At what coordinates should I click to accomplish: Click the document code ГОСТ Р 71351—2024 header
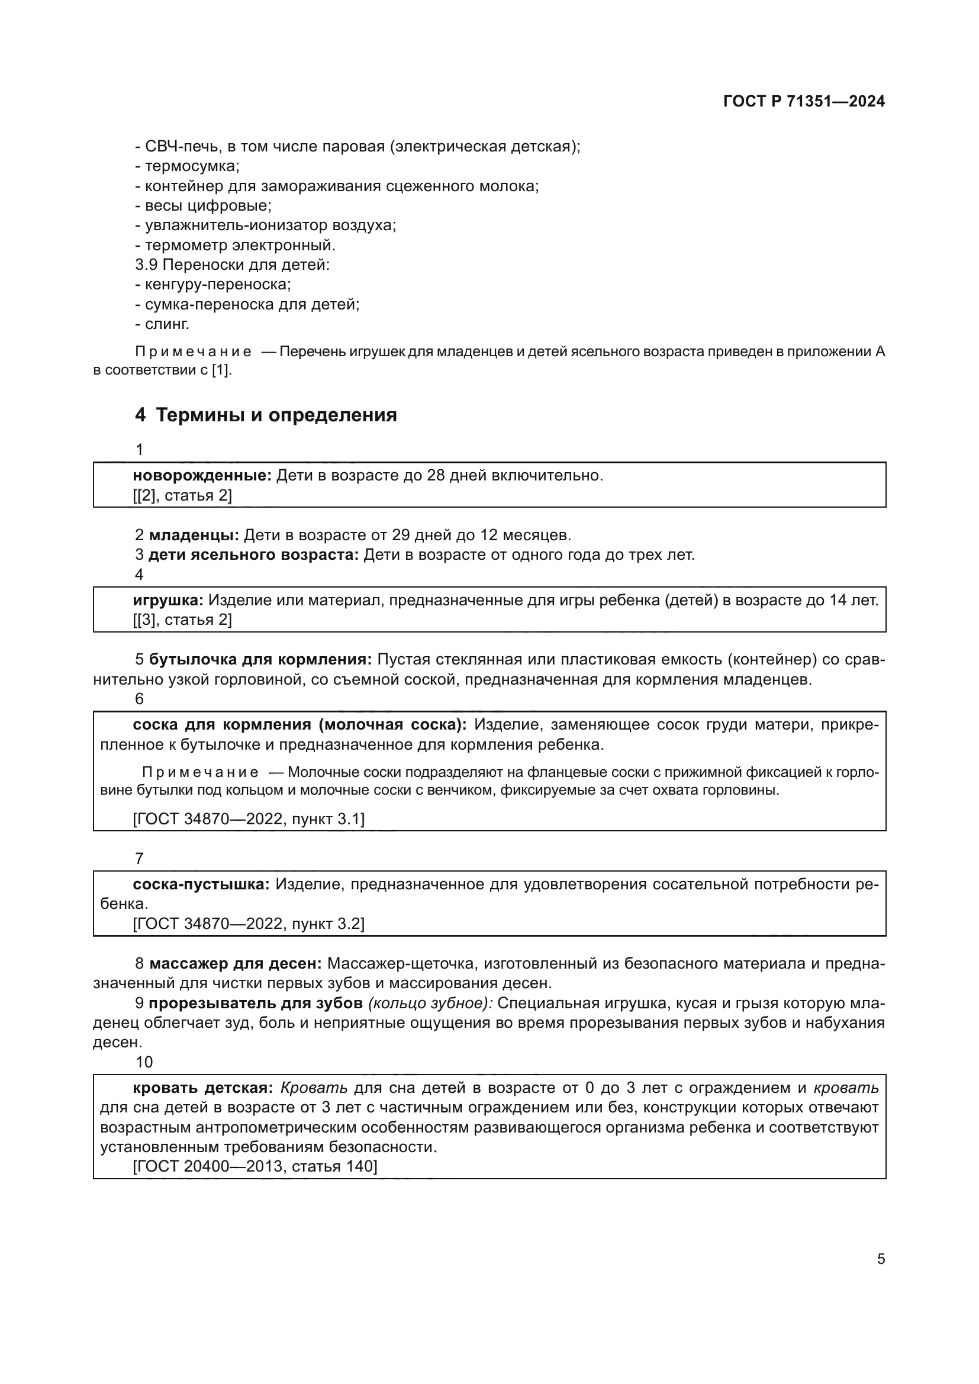point(804,101)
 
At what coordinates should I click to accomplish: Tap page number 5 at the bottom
point(881,1259)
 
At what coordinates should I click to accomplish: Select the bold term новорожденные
point(202,476)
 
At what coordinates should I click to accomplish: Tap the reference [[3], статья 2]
point(182,620)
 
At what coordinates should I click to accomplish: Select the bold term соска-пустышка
point(201,884)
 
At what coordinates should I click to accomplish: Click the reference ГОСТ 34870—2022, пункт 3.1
point(249,818)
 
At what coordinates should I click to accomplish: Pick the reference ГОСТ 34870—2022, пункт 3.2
point(249,924)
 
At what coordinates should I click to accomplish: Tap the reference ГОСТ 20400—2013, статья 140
point(255,1166)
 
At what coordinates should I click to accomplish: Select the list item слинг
point(167,324)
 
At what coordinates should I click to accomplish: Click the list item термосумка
point(192,166)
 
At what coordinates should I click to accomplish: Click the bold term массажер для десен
point(236,963)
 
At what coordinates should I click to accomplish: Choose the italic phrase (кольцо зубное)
point(430,1003)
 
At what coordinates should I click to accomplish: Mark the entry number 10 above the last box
point(144,1062)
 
